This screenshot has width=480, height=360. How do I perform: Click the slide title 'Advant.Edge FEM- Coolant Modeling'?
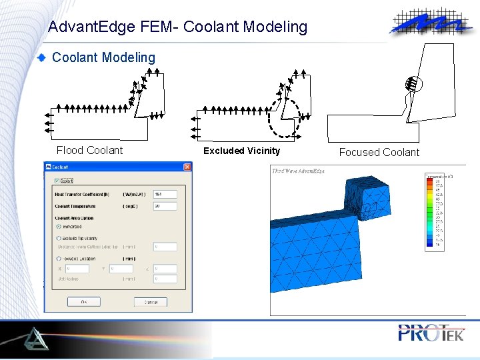click(178, 27)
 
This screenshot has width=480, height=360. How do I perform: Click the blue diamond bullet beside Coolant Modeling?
click(42, 58)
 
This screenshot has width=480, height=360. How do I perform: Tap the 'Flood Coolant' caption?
click(89, 151)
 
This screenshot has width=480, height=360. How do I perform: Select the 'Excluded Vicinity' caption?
click(241, 151)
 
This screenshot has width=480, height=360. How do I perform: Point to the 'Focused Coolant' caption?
click(379, 152)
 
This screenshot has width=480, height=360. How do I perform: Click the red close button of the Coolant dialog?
click(186, 167)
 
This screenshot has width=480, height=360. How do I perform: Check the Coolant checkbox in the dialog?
click(57, 181)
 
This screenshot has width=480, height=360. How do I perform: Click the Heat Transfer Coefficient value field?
click(165, 195)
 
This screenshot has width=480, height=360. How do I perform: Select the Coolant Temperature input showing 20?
click(165, 207)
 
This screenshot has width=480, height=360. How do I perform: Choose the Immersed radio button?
click(58, 227)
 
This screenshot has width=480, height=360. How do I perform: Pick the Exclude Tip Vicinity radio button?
click(58, 238)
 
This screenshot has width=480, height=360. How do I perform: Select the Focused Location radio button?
click(58, 259)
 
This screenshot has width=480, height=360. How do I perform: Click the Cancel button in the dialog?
click(151, 302)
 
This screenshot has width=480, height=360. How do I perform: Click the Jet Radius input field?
click(165, 279)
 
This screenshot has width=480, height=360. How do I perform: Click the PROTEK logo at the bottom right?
click(431, 332)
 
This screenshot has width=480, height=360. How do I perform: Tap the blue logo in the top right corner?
click(429, 23)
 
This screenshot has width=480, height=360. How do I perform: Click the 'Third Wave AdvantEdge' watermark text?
click(298, 171)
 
